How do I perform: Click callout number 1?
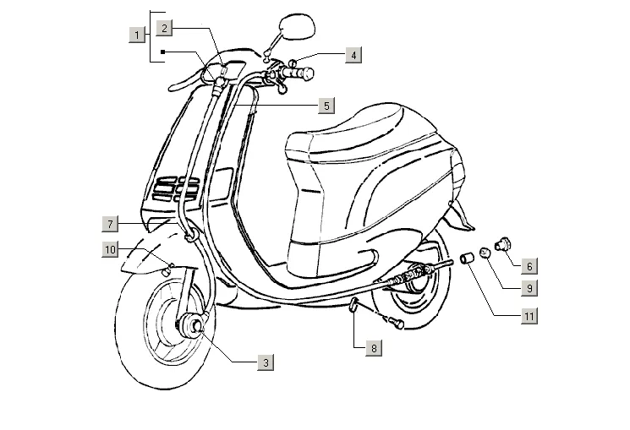(x=135, y=35)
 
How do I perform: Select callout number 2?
(x=165, y=28)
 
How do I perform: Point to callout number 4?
(x=354, y=55)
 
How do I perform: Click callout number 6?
(x=529, y=266)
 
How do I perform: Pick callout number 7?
(x=110, y=224)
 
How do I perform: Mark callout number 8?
(x=374, y=347)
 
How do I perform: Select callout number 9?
(x=529, y=288)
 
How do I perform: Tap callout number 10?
(x=110, y=248)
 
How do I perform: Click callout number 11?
(x=529, y=317)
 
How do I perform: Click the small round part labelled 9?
(x=485, y=252)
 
